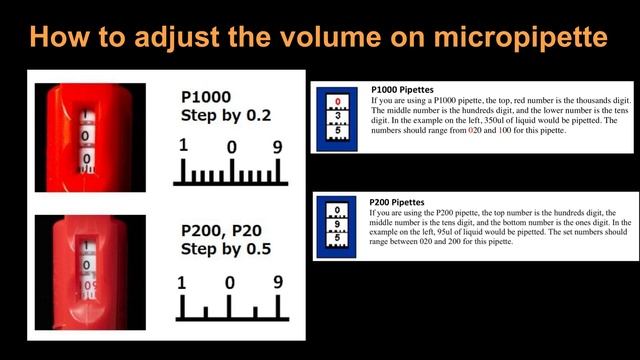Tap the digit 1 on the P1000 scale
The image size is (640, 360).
click(183, 146)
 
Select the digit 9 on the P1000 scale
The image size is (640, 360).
click(277, 146)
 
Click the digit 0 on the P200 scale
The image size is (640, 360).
click(229, 283)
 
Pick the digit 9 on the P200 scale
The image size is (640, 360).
click(277, 283)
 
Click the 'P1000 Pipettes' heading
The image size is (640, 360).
click(402, 88)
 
